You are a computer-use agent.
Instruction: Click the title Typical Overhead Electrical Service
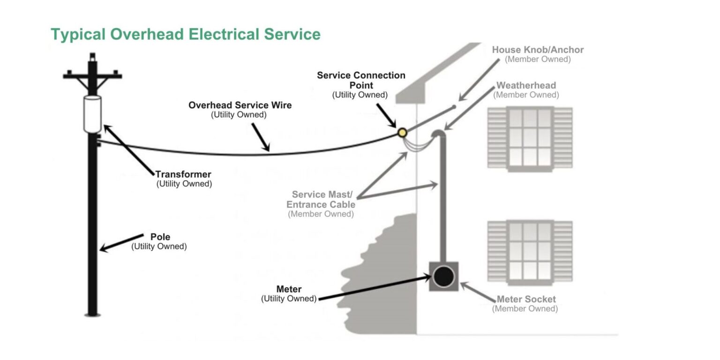(185, 35)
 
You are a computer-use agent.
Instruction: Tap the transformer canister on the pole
(92, 113)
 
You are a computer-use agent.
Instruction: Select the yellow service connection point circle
(402, 133)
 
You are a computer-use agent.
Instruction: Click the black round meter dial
(443, 277)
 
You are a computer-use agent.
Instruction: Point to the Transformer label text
(183, 174)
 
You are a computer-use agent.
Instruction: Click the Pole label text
(159, 237)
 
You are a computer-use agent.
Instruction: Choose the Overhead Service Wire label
(240, 105)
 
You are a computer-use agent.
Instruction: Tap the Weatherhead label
(526, 85)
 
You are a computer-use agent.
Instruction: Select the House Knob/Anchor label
(538, 50)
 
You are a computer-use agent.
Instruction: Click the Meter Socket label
(526, 299)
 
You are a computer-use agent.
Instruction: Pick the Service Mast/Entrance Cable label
(321, 200)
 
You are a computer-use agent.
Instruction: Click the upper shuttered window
(530, 137)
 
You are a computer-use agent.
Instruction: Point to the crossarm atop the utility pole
(92, 74)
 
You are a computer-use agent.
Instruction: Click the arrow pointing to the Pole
(121, 242)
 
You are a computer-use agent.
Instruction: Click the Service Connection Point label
(360, 80)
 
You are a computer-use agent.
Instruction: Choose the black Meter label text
(289, 289)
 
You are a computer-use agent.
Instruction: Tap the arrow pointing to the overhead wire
(261, 137)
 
